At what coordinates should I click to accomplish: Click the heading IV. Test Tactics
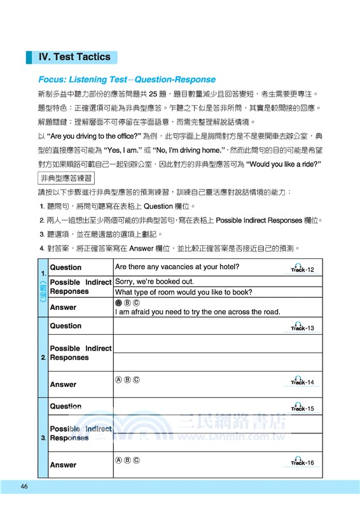tap(74, 57)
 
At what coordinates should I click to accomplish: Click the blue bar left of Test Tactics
tap(29, 57)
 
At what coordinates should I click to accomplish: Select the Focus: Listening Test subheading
tap(127, 80)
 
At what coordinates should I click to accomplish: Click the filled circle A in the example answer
tap(118, 303)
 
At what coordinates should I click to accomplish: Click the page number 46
tap(24, 487)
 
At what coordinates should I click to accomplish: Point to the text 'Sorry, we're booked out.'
tap(155, 281)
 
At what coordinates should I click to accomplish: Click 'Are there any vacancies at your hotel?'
tap(177, 267)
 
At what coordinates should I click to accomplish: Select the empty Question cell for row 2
tap(197, 326)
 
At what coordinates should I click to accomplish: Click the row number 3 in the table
tap(42, 438)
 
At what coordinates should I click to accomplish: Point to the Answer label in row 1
tap(63, 307)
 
